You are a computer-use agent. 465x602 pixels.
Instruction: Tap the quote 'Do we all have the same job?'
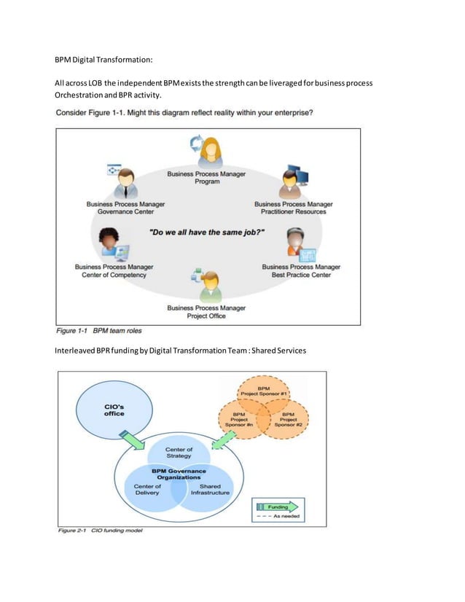(206, 232)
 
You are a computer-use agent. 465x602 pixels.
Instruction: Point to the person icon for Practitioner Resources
(292, 183)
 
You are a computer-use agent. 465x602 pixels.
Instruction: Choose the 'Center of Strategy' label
(179, 453)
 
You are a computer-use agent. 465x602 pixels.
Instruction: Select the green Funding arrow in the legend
(278, 505)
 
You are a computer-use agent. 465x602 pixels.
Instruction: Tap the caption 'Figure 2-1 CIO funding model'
(101, 530)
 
